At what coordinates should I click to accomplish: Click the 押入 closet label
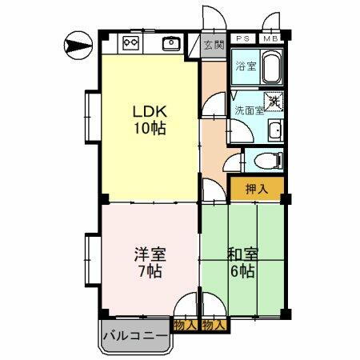point(256,190)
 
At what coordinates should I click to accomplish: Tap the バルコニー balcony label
point(135,336)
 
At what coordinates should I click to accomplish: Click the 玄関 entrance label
point(213,45)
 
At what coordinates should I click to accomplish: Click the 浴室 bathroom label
point(245,67)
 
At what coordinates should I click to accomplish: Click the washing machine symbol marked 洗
point(274,102)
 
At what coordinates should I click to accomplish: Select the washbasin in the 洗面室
point(275,132)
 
